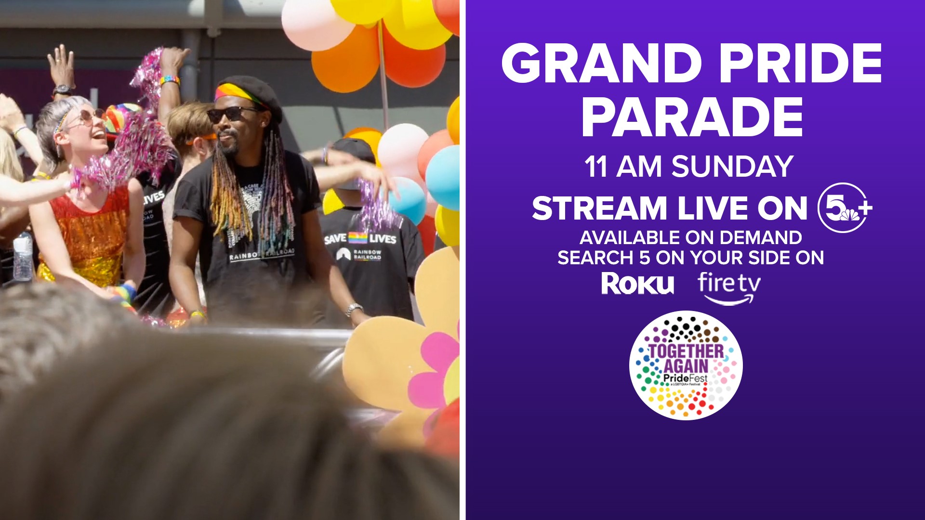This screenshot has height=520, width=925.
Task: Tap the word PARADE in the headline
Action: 692,118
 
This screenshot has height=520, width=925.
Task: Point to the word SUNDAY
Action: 732,167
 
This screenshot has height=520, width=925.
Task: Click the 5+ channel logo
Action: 845,208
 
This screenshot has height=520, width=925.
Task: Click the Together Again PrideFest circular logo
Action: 686,365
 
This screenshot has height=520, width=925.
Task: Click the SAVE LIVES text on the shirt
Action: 359,238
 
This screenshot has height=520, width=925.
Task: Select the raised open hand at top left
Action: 61,65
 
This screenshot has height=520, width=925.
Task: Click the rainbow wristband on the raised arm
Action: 170,80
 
